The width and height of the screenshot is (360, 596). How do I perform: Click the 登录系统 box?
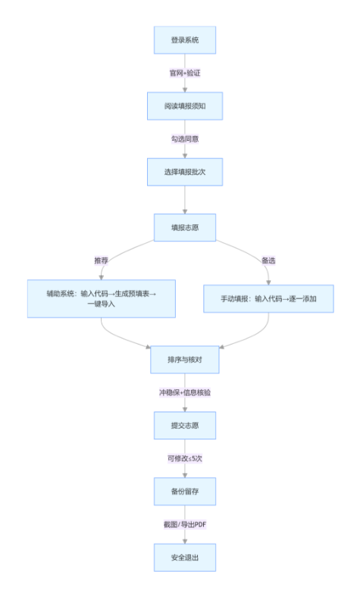pos(185,40)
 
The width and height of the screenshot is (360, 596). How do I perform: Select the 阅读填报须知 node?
pos(185,106)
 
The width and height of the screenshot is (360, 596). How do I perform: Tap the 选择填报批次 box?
pos(185,172)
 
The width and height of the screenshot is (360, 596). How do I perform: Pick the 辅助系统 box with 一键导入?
pos(102,298)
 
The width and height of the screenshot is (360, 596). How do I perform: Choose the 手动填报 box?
pos(269,298)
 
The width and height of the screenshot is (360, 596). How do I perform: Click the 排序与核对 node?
pos(185,360)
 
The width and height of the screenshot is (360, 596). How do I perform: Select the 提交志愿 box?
pos(185,426)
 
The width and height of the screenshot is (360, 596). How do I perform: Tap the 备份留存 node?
pos(185,491)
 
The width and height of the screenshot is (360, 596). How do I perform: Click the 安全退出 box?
pos(185,557)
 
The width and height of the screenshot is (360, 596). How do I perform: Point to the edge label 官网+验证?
pos(185,73)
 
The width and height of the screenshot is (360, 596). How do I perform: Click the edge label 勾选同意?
pos(185,139)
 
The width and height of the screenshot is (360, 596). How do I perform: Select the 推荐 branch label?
pos(101,260)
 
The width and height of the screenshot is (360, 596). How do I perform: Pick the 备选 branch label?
pos(268,260)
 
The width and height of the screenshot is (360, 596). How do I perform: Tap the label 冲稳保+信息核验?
pos(185,392)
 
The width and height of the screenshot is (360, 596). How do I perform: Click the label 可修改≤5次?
pos(185,458)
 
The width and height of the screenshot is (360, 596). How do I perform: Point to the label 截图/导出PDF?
pos(185,524)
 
